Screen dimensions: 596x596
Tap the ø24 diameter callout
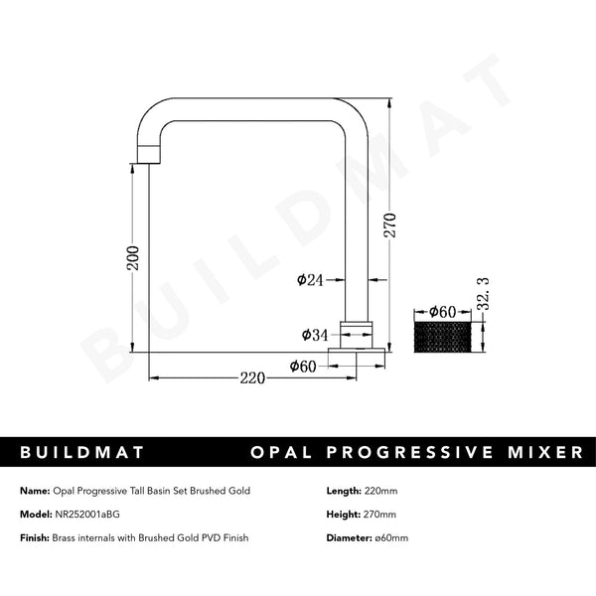pos(311,280)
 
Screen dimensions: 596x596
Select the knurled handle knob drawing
pos(443,335)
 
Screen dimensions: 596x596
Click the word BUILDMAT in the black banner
pos(82,452)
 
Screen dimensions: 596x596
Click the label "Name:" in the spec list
pos(33,491)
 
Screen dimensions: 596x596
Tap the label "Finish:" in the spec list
pos(35,537)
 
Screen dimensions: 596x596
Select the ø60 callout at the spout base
pos(303,366)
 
